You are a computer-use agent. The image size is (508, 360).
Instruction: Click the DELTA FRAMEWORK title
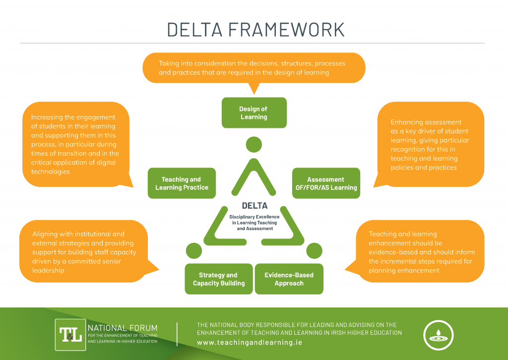pos(255,29)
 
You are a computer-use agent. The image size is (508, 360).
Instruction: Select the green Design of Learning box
pos(254,113)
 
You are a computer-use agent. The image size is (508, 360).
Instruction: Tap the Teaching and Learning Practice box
pos(182,183)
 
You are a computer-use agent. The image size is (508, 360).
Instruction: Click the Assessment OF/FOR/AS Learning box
pos(325,183)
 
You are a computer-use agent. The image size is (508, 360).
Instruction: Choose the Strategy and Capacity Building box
pos(218,279)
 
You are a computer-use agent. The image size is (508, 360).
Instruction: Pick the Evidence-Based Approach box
pos(289,279)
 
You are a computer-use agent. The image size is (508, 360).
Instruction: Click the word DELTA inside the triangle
pos(254,205)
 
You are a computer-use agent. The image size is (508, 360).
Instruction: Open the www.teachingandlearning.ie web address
pos(249,342)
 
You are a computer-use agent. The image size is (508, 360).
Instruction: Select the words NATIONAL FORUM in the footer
pos(122,328)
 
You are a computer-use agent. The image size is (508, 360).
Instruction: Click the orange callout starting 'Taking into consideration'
pos(254,67)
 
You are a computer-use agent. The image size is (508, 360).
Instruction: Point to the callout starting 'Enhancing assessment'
pos(429,144)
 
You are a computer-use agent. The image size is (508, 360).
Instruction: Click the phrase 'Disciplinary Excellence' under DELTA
pos(254,217)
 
